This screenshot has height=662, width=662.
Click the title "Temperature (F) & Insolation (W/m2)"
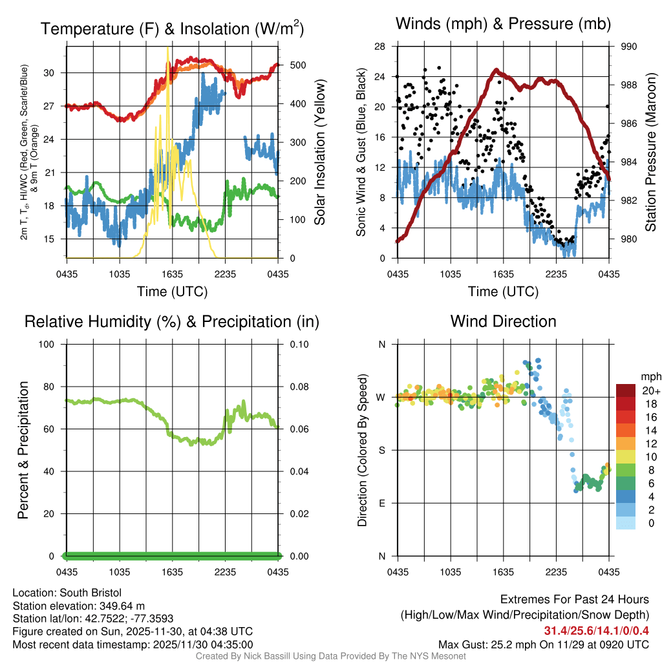[172, 28]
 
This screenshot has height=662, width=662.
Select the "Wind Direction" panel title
[503, 321]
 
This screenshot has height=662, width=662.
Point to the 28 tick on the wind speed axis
[380, 47]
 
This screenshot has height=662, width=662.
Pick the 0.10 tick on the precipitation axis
[298, 344]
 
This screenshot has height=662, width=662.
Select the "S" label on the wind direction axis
[381, 450]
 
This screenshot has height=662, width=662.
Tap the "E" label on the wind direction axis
[381, 503]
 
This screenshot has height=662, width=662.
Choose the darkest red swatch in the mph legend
[626, 390]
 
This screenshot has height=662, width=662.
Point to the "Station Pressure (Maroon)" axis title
[651, 152]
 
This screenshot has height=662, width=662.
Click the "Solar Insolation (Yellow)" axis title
[319, 152]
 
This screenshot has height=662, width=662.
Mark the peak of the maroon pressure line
[496, 70]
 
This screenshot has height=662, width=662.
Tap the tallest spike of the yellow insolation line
[168, 48]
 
